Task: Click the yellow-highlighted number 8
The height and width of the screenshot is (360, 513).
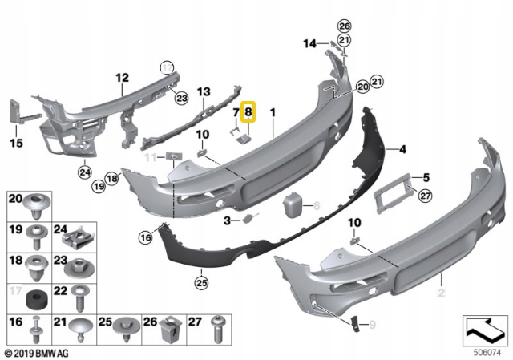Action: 248,114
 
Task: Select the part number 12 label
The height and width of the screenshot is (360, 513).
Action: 121,78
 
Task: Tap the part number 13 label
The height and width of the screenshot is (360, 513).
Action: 203,92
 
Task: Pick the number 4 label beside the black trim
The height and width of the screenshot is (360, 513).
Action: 402,148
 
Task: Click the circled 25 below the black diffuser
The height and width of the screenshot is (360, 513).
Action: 200,282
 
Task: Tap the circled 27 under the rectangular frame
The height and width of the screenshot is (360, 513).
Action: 425,193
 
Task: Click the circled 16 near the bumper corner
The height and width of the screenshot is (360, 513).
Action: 145,237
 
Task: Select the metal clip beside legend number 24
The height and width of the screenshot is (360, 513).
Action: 79,237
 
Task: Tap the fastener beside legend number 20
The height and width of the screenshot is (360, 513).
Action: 37,206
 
